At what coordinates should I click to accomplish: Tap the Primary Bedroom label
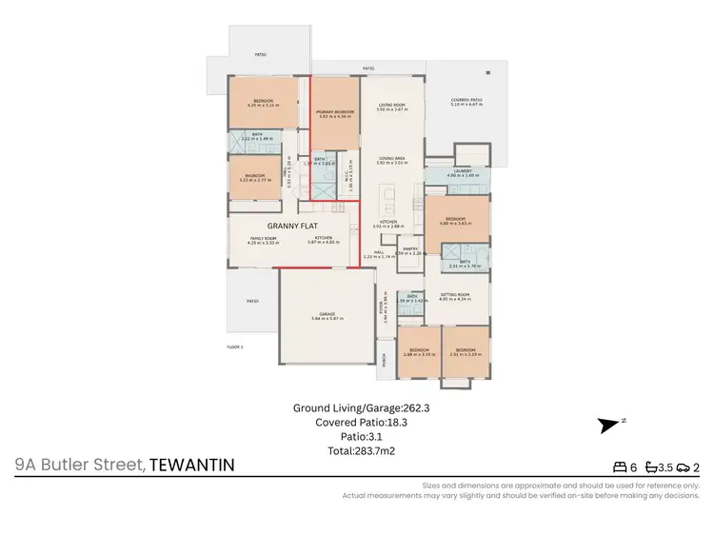click(x=335, y=113)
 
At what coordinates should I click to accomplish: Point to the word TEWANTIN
click(x=191, y=465)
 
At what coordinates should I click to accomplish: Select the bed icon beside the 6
click(x=624, y=467)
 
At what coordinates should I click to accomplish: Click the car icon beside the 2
click(x=684, y=467)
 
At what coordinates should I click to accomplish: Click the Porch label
click(x=385, y=362)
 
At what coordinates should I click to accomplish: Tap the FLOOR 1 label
click(x=235, y=347)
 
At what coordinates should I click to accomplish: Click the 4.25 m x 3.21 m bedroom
click(x=260, y=103)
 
